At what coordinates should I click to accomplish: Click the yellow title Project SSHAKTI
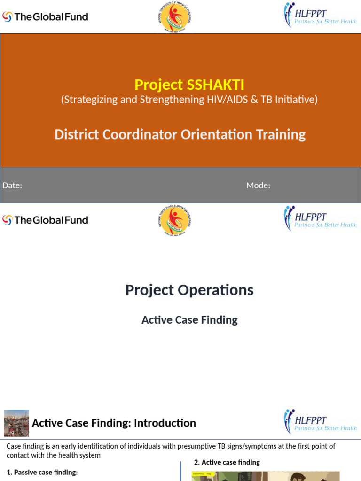pyautogui.click(x=189, y=85)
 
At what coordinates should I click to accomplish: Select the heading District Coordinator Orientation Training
pyautogui.click(x=180, y=134)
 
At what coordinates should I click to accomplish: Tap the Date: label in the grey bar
pyautogui.click(x=12, y=186)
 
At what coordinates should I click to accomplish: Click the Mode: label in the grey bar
pyautogui.click(x=258, y=186)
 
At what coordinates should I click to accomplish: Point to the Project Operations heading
pyautogui.click(x=189, y=290)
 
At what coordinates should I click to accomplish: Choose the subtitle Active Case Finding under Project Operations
pyautogui.click(x=189, y=320)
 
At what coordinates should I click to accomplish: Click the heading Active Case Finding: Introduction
pyautogui.click(x=114, y=423)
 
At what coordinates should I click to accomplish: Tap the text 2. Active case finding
pyautogui.click(x=227, y=462)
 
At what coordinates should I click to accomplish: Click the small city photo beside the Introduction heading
pyautogui.click(x=16, y=423)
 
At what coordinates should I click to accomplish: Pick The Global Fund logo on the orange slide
pyautogui.click(x=45, y=17)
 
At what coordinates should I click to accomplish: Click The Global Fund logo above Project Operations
pyautogui.click(x=45, y=220)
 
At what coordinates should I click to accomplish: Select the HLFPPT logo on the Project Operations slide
pyautogui.click(x=320, y=218)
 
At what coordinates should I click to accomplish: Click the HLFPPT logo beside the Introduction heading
pyautogui.click(x=320, y=422)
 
